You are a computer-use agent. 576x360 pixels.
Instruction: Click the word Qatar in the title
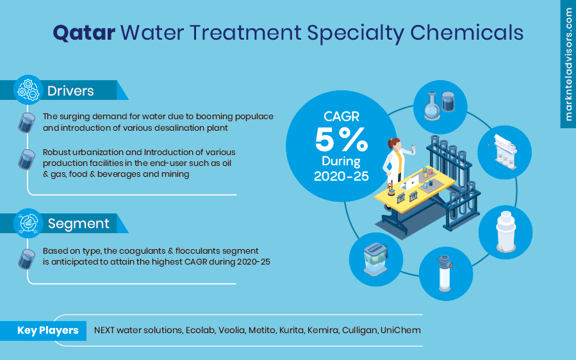click(84, 32)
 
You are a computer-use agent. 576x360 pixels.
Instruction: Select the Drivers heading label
click(70, 91)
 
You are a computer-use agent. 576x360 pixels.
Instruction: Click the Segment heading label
click(78, 224)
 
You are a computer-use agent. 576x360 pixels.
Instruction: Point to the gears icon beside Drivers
click(28, 90)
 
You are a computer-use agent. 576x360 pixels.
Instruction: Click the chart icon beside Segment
click(28, 223)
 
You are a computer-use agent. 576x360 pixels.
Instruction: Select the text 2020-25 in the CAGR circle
click(341, 176)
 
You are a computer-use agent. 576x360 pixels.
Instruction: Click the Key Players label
click(47, 331)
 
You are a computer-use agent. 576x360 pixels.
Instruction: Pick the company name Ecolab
click(199, 331)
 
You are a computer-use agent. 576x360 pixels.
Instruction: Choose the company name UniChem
click(400, 331)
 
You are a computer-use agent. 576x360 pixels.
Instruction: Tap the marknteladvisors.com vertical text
click(568, 64)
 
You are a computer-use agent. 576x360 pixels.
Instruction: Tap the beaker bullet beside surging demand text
click(27, 122)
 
